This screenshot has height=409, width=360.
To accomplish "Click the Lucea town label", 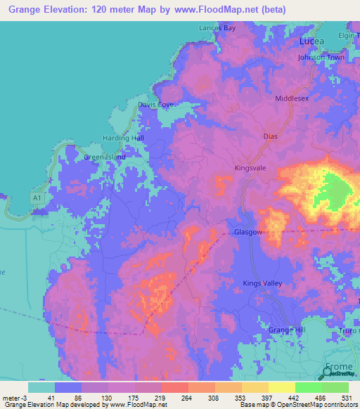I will [311, 41].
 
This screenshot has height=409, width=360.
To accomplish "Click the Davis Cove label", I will [155, 105].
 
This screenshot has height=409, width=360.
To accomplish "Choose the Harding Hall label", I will [124, 138].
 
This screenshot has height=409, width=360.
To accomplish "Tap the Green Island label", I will [105, 157].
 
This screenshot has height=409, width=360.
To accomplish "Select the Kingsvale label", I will [250, 169].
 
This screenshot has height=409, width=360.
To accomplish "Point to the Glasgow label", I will [248, 232].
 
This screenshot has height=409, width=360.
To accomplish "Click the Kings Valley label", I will [262, 283].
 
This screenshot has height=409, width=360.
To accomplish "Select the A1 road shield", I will [37, 200].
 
